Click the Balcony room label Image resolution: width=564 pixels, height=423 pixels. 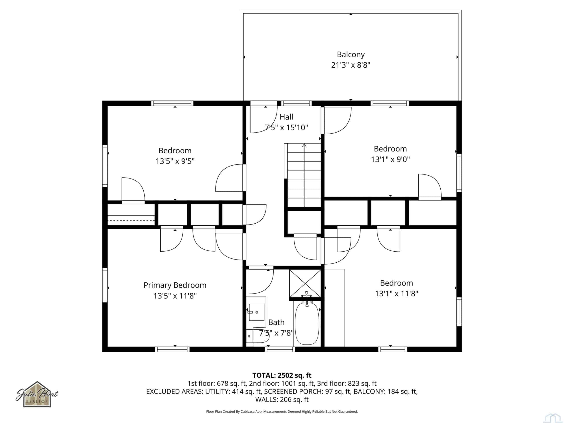(351, 55)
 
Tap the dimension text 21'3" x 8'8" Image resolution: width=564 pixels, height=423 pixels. (351, 65)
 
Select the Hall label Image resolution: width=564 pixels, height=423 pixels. (286, 117)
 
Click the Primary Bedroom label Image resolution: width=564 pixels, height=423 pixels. (175, 285)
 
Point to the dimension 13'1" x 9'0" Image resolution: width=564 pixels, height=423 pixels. (390, 159)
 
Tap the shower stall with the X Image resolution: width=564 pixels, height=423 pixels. (305, 284)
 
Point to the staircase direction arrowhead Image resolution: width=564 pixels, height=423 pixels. (304, 145)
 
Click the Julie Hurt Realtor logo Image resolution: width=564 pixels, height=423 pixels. (37, 394)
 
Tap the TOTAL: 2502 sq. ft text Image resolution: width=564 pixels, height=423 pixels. (282, 375)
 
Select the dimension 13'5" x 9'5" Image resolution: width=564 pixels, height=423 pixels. (175, 161)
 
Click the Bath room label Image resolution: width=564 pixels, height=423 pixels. (276, 323)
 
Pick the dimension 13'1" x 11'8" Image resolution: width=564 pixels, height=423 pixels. (397, 294)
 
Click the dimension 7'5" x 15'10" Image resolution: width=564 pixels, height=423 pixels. (286, 128)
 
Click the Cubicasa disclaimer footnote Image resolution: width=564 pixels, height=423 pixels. (282, 412)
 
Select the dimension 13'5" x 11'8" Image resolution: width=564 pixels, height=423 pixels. (175, 296)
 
